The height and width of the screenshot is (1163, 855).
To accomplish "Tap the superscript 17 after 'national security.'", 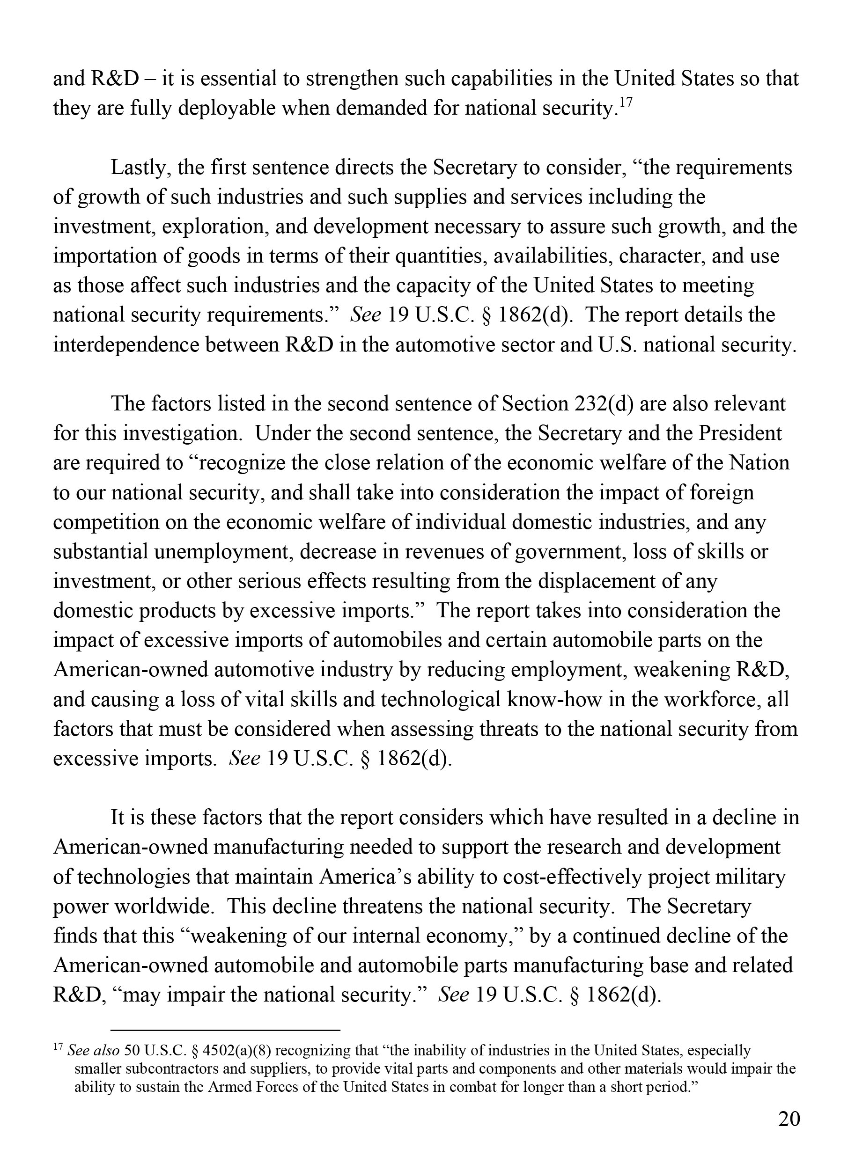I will tap(625, 102).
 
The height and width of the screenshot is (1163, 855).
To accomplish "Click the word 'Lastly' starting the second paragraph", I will tap(140, 168).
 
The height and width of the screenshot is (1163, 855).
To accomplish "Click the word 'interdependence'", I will tap(126, 345).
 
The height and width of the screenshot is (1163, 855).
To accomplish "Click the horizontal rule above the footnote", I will tap(225, 1031).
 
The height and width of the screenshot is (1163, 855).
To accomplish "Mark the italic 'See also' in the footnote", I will tap(94, 1051).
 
